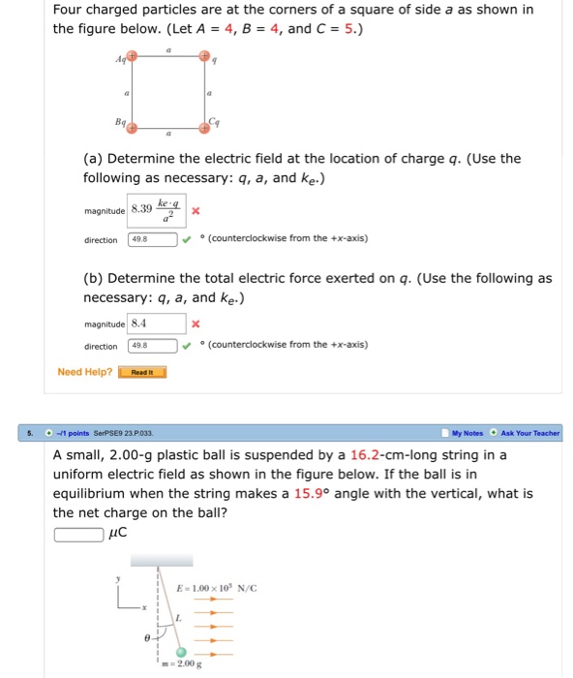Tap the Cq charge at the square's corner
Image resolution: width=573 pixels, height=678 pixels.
click(x=203, y=127)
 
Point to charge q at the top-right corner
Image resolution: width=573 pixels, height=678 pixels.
click(x=203, y=56)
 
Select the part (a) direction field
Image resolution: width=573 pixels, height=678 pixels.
click(x=152, y=240)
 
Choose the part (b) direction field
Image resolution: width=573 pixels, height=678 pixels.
click(x=152, y=346)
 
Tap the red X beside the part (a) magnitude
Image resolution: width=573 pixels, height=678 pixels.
click(x=196, y=210)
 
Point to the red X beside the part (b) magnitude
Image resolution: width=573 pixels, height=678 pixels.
click(x=196, y=324)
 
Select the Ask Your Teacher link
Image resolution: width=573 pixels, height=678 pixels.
click(x=530, y=433)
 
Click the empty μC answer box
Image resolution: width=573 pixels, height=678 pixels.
click(x=78, y=534)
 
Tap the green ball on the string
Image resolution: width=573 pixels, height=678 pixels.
click(x=181, y=652)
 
